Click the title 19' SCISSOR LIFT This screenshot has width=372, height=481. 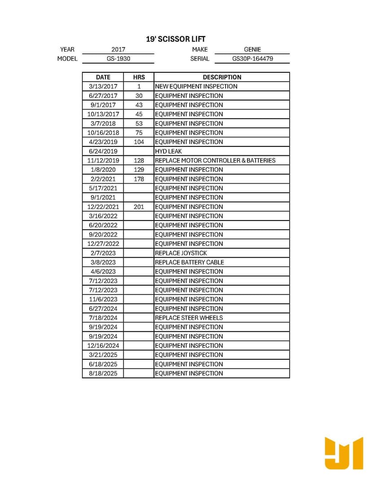[x=176, y=40]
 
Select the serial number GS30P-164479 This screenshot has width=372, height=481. [x=252, y=58]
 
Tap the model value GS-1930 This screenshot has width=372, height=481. [x=118, y=58]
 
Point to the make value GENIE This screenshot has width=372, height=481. [x=252, y=49]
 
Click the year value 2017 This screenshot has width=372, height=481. [x=118, y=49]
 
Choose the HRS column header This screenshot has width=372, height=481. [x=139, y=77]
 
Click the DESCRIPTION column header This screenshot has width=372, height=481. [x=222, y=77]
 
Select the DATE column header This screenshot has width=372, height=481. [x=103, y=77]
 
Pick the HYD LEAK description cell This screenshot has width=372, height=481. [x=168, y=151]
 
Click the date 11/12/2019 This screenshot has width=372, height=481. [x=103, y=160]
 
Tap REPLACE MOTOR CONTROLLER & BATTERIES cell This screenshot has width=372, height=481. [x=215, y=160]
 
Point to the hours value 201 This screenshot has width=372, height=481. [x=139, y=207]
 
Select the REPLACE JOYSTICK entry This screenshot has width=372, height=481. [x=181, y=253]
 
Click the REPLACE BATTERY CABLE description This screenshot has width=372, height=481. [x=189, y=262]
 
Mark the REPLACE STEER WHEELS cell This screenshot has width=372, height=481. [x=189, y=318]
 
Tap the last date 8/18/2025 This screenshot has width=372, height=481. [x=103, y=373]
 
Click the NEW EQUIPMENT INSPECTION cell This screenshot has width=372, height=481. [x=196, y=86]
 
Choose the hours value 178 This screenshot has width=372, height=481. [x=139, y=179]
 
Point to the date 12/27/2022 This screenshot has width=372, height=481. [x=103, y=243]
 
